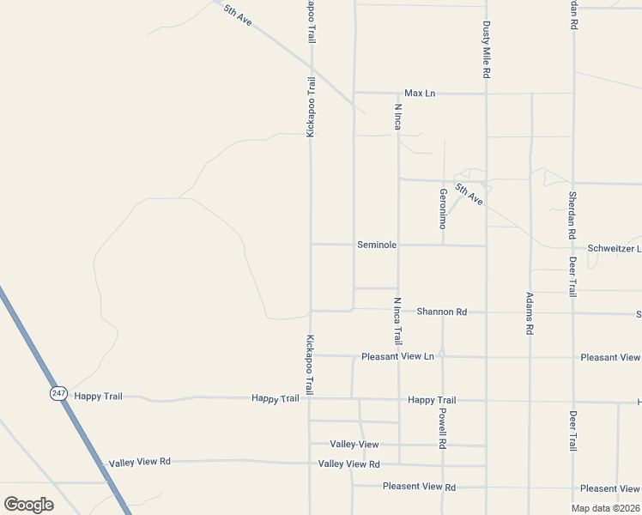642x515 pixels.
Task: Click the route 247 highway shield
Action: click(x=58, y=392)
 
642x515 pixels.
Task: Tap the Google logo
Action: click(x=28, y=505)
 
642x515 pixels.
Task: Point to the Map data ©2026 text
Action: click(x=605, y=507)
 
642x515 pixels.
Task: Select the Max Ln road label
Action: click(x=421, y=93)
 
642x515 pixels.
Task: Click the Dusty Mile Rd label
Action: click(x=486, y=51)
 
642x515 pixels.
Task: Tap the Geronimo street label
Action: click(x=443, y=209)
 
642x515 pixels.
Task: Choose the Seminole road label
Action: click(x=377, y=245)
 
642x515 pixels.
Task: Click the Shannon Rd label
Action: click(x=441, y=312)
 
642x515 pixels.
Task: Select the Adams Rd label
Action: click(x=530, y=313)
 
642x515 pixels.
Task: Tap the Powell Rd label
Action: click(x=443, y=427)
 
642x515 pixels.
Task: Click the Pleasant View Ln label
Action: click(x=397, y=356)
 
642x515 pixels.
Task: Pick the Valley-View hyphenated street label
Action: click(x=354, y=444)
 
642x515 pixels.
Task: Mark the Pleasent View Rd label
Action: click(x=419, y=487)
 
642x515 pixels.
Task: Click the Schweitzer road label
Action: click(x=613, y=248)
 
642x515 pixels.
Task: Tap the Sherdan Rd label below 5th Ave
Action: click(x=572, y=214)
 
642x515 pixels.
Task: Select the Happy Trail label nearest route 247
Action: click(x=99, y=396)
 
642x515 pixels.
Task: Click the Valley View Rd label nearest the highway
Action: click(x=140, y=462)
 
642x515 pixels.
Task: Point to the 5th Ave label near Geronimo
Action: click(x=469, y=195)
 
